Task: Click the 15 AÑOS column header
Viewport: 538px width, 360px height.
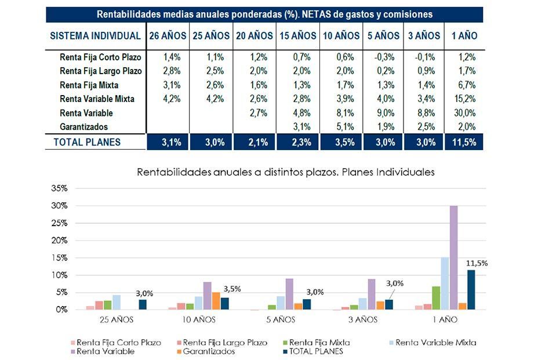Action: (x=298, y=36)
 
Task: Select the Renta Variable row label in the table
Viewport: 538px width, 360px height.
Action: (x=86, y=113)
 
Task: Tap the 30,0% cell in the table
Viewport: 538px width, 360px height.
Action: (x=464, y=113)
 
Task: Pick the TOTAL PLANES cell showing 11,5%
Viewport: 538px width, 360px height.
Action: (x=464, y=142)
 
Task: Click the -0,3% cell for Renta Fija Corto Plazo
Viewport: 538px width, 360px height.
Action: (x=384, y=57)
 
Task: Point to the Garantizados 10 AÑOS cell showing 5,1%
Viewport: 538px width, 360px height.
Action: (x=341, y=127)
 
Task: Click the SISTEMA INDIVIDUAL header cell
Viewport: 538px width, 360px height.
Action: (x=96, y=36)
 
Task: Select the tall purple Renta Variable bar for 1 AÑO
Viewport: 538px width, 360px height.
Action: (x=453, y=257)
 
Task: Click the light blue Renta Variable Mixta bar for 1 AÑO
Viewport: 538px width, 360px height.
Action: (x=445, y=283)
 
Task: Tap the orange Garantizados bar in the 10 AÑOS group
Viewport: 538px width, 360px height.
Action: (x=215, y=301)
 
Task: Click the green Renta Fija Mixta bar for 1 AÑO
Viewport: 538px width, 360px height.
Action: (x=436, y=298)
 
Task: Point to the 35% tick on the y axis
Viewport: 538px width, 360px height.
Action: (x=60, y=188)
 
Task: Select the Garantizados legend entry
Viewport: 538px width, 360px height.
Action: (x=209, y=351)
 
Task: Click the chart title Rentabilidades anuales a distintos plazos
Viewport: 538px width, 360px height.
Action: (x=285, y=172)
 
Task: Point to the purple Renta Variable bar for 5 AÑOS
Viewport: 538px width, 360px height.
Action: (x=289, y=294)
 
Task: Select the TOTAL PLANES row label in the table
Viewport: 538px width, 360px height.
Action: (x=87, y=142)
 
